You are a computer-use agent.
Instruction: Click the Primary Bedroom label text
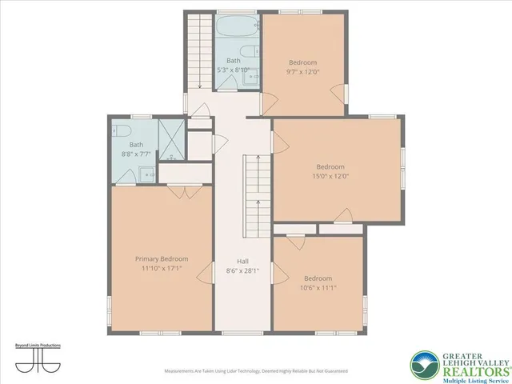pos(162,259)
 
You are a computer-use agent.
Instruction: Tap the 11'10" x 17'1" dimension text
pos(162,269)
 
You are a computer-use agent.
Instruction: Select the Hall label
pos(242,262)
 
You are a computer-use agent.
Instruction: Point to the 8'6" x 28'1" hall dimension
pos(242,271)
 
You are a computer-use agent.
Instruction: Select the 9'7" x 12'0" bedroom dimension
pos(303,71)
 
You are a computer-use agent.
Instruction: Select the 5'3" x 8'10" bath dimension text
pos(234,70)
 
